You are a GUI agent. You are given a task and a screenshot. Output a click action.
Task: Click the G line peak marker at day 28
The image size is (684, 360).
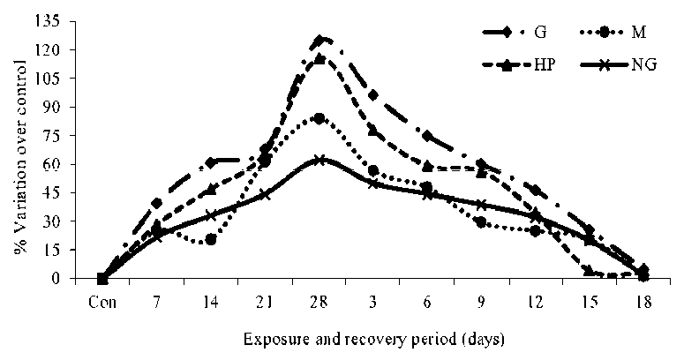(319, 41)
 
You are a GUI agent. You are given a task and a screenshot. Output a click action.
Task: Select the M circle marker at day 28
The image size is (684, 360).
(319, 118)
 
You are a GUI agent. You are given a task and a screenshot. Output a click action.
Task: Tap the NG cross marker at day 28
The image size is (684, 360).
(319, 160)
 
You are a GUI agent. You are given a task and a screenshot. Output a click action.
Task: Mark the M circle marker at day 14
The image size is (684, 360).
(211, 239)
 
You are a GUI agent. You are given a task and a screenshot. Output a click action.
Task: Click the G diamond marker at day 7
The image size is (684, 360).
(157, 204)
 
